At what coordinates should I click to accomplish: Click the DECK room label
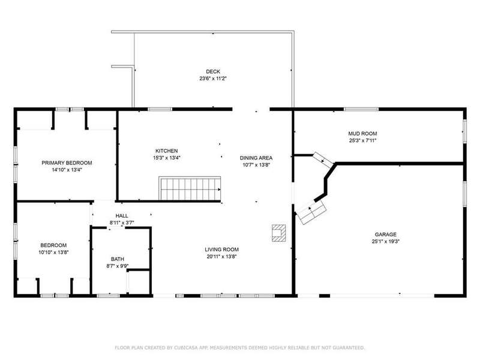(x=213, y=71)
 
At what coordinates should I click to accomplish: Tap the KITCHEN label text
(x=167, y=151)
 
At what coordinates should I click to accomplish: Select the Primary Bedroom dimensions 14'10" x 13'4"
(x=67, y=170)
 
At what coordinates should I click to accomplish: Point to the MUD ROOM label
(x=362, y=134)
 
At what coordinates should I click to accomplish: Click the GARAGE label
(x=385, y=235)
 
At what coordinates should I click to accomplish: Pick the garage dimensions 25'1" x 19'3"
(x=385, y=241)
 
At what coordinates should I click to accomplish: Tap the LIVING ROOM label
(x=221, y=250)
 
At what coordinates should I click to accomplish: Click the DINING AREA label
(x=256, y=158)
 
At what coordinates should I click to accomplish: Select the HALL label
(x=122, y=216)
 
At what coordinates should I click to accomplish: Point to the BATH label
(x=118, y=259)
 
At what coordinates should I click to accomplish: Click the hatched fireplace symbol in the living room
(x=279, y=233)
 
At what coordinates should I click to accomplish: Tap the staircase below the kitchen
(x=190, y=188)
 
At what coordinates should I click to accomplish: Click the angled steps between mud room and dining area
(x=323, y=160)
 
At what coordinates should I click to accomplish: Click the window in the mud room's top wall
(x=361, y=109)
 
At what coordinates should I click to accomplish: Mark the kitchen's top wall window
(x=160, y=109)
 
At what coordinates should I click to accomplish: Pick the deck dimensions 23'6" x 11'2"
(x=213, y=79)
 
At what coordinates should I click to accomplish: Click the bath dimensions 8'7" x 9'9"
(x=118, y=266)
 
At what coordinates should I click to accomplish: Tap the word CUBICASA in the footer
(x=186, y=348)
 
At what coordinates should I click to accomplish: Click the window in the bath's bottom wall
(x=108, y=296)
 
